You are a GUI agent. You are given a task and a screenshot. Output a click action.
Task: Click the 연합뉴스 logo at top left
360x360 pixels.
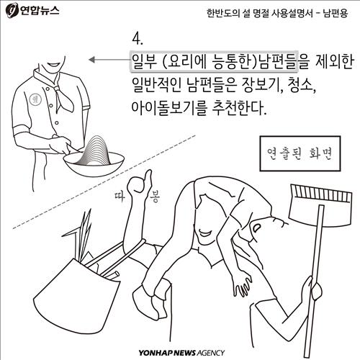coord(32,10)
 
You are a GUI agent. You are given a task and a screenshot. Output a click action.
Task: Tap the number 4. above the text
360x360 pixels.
coord(138,39)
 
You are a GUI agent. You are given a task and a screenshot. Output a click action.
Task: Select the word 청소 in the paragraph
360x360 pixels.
coord(301,85)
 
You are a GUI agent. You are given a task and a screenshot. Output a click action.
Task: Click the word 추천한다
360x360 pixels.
coord(239,107)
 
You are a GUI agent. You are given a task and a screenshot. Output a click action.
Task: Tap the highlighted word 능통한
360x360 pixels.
coord(233,62)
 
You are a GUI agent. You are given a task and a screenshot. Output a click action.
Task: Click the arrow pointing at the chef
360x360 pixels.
coord(109,60)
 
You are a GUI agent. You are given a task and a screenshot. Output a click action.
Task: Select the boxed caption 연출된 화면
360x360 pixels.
coord(300,153)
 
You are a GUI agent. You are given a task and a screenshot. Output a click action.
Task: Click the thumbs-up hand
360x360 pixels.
coord(140,182)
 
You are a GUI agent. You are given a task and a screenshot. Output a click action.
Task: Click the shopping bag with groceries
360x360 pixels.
coord(77,290)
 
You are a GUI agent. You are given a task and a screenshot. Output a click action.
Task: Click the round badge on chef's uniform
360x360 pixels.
coord(35,99)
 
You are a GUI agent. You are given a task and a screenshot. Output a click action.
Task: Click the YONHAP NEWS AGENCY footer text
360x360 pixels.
coord(181,353)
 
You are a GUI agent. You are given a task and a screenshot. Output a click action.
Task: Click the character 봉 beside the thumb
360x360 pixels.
coord(155,197)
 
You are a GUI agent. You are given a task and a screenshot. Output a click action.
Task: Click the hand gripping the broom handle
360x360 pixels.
coord(312,288)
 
